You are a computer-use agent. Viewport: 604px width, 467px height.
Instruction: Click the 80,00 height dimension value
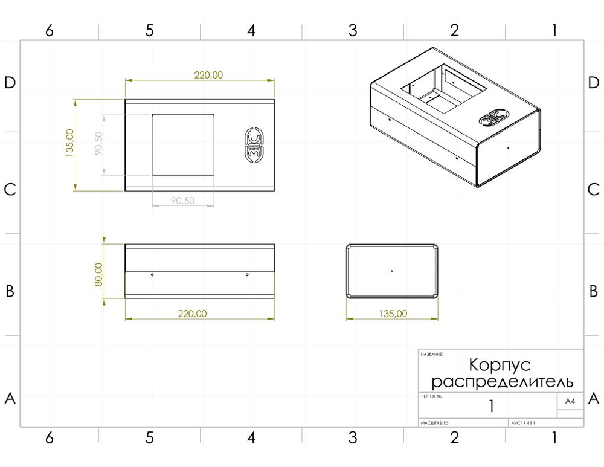pos(98,274)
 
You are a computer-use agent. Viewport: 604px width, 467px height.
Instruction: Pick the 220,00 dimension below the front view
pos(192,314)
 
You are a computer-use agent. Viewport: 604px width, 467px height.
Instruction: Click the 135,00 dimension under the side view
pos(392,314)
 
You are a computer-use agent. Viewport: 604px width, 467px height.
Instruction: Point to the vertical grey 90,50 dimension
pos(98,144)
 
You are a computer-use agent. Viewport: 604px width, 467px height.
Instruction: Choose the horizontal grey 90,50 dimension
pos(182,201)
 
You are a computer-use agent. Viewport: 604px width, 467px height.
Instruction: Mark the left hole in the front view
pos(152,275)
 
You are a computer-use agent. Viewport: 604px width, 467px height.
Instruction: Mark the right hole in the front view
pos(247,275)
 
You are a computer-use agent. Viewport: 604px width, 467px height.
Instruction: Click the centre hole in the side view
pos(392,271)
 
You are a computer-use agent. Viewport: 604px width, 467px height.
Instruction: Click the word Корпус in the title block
pos(500,365)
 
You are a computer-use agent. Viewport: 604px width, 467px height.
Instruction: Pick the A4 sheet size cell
pos(570,401)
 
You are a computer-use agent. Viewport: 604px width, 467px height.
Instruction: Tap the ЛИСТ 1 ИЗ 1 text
pos(523,423)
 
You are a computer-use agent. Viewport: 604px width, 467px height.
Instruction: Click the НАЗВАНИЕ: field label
pos(432,355)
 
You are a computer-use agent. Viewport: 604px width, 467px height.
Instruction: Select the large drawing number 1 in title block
pos(491,407)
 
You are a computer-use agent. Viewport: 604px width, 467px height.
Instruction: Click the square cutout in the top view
pos(183,145)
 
